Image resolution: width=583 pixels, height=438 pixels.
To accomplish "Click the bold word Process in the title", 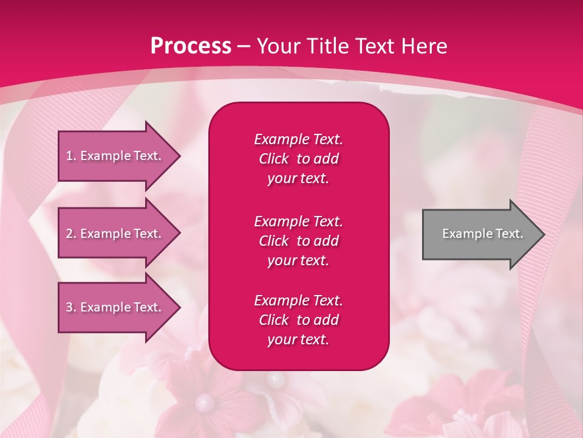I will coord(191,46).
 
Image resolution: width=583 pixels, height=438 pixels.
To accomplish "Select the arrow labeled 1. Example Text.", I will coord(115,156).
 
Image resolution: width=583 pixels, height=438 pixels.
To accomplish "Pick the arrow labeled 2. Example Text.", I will coord(115,234).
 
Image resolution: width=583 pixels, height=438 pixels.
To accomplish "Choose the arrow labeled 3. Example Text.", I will coord(115,307).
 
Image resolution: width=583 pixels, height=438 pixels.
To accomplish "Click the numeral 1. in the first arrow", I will coord(71,156).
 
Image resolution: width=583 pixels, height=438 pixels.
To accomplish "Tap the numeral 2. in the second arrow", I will coord(71,234).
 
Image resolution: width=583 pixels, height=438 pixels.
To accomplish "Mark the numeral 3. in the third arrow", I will coord(71,307).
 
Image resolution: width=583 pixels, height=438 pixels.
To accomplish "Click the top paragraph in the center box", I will coord(298,159).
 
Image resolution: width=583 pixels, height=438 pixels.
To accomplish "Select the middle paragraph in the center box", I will coord(298,241).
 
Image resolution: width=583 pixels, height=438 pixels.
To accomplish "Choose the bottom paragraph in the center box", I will coord(298,320).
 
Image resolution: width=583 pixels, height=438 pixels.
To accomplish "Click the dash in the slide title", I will coord(244,46).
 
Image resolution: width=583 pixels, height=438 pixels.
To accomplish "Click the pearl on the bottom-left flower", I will coord(205,401).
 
